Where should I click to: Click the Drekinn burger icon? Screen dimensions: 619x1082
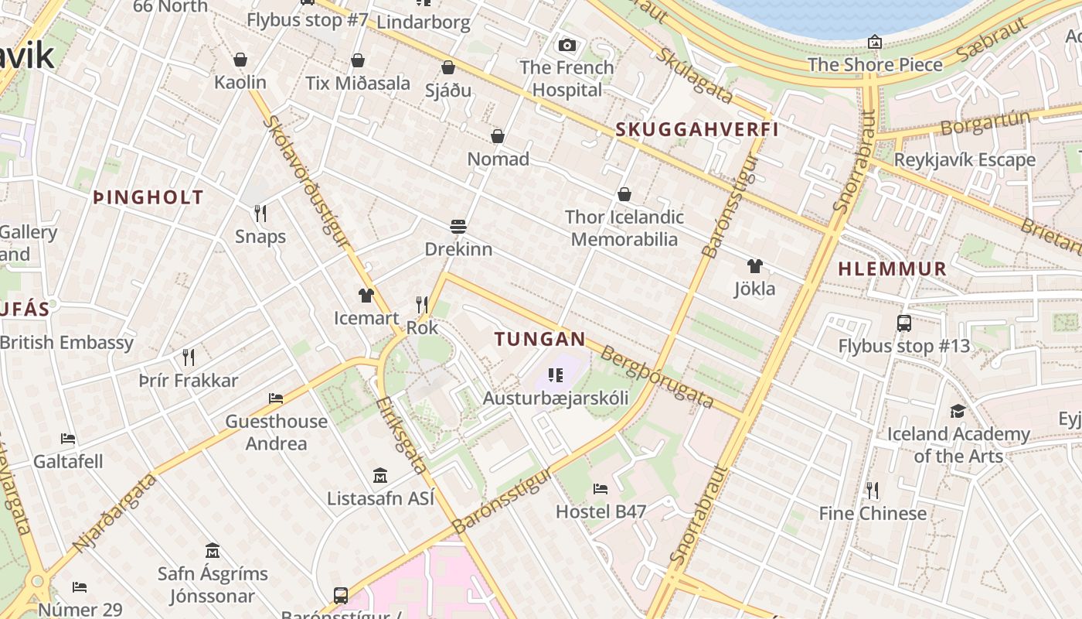(458, 227)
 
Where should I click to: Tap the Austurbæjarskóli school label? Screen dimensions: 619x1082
(555, 398)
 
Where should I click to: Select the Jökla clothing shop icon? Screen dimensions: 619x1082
(755, 266)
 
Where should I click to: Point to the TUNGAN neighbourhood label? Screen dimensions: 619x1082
(540, 339)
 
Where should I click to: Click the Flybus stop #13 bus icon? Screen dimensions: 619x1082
(903, 323)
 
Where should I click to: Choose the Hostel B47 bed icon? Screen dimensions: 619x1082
(601, 488)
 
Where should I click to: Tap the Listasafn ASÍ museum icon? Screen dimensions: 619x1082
(380, 475)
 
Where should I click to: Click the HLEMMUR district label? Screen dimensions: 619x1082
(893, 269)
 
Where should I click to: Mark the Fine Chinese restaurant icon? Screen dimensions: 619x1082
(873, 491)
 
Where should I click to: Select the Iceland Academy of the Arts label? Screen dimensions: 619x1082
(958, 445)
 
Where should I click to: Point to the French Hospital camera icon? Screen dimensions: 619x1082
(567, 45)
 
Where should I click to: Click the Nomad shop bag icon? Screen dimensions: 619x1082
(498, 137)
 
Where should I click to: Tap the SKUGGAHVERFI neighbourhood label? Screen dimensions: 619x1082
(697, 130)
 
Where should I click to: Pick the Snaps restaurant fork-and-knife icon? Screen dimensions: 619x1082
(260, 214)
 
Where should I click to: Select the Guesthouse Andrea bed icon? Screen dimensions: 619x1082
(276, 398)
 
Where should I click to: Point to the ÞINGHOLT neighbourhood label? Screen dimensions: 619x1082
(148, 197)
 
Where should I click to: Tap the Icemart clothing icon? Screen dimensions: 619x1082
(366, 296)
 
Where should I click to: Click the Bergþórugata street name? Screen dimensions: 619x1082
(657, 378)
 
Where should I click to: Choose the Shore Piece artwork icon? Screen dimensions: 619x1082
(875, 42)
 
